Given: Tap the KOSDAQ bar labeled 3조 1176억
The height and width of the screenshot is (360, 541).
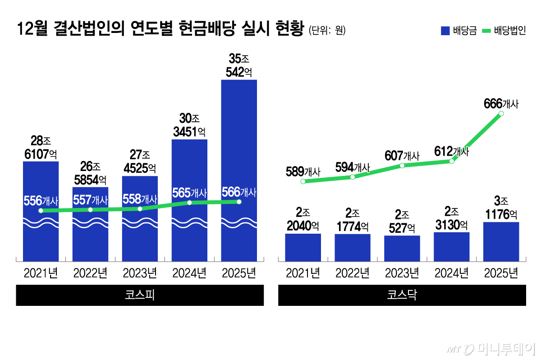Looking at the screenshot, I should click(501, 241).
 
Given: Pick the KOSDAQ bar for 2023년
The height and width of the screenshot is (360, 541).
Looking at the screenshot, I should click(402, 248).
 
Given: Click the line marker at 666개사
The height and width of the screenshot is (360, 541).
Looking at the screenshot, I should click(501, 114).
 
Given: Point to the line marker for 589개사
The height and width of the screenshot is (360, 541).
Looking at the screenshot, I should click(303, 181).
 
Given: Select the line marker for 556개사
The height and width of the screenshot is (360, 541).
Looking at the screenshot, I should click(41, 211).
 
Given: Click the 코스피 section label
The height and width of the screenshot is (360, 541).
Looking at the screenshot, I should click(140, 295).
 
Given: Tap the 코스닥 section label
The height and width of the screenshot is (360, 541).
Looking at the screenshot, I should click(402, 295).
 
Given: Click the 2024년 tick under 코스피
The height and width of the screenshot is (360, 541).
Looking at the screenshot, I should click(189, 273).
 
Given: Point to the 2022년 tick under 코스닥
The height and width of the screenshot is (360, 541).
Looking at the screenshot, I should click(353, 273).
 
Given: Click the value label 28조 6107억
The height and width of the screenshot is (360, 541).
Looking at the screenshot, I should click(41, 147).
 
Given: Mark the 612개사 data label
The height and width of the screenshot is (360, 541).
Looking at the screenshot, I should click(451, 151).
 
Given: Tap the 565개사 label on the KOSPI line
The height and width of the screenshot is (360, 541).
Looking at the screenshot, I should click(189, 193).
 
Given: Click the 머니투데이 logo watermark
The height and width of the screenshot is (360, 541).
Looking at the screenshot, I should click(491, 348).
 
